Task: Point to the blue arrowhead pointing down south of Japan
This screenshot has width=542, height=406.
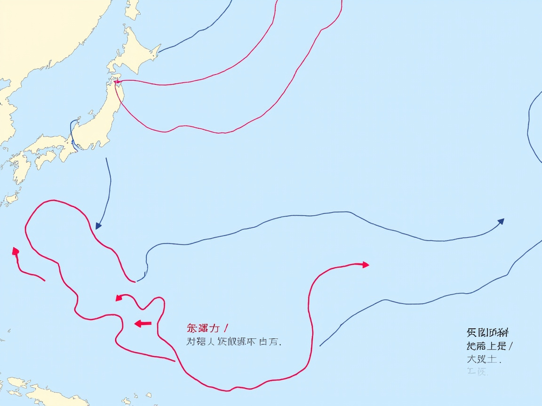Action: pyautogui.click(x=98, y=226)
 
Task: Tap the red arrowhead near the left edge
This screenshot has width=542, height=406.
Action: pyautogui.click(x=16, y=251)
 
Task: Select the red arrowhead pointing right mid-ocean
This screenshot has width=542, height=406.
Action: pyautogui.click(x=365, y=265)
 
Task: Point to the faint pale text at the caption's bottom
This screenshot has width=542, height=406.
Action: pyautogui.click(x=478, y=372)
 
